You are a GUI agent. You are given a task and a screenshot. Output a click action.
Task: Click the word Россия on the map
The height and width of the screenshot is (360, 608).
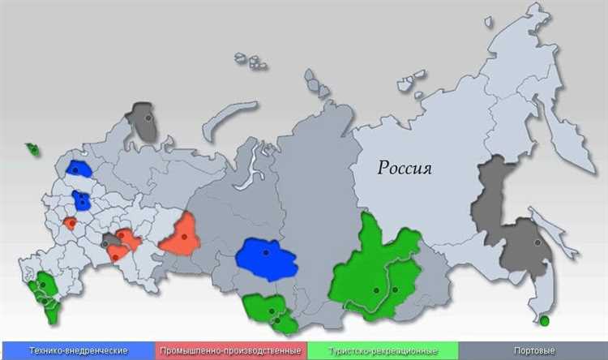click(405, 169)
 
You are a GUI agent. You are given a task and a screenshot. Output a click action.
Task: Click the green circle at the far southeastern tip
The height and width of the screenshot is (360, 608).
click(544, 321)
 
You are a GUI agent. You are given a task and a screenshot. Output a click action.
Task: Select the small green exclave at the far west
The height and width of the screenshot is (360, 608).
click(32, 149)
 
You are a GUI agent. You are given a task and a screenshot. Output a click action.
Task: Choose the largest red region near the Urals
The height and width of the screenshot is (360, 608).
click(180, 234)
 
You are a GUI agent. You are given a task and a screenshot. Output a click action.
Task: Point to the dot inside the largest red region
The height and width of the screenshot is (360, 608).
click(185, 236)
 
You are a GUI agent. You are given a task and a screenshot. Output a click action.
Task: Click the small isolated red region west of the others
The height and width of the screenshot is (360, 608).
click(71, 222)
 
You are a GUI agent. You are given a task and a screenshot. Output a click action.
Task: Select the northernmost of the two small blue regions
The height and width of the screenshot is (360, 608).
click(79, 169)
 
